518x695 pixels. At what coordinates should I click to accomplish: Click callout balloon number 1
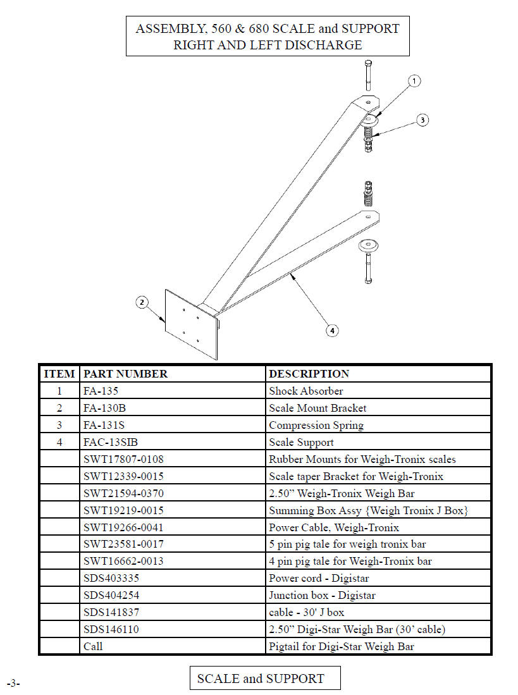(414, 81)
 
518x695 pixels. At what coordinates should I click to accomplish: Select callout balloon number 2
(142, 302)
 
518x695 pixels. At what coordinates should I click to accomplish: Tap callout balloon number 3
(422, 120)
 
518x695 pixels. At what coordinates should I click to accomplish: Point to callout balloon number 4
(332, 330)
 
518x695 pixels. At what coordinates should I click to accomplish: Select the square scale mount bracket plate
(192, 324)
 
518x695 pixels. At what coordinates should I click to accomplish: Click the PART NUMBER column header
(125, 374)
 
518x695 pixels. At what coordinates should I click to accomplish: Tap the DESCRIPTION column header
(309, 374)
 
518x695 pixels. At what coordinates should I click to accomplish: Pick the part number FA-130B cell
(104, 408)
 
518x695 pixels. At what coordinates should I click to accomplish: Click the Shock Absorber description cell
(305, 391)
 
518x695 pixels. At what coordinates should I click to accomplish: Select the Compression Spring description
(316, 425)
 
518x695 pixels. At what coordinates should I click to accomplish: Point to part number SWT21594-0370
(123, 493)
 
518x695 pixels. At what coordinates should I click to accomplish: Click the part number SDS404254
(111, 595)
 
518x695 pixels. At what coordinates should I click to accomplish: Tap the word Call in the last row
(93, 646)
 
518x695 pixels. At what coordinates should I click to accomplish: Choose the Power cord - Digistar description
(319, 578)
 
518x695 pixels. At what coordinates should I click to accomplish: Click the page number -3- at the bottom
(13, 683)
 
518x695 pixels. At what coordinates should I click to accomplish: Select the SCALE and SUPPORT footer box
(265, 678)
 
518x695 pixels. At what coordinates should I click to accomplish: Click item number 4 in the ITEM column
(59, 442)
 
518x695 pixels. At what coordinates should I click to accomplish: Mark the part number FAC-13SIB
(110, 442)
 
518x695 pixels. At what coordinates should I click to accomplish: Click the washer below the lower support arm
(368, 245)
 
